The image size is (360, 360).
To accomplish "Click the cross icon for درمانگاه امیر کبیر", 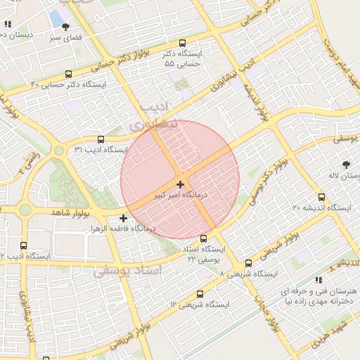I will tap(181, 184).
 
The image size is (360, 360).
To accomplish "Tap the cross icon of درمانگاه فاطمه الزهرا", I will tap(124, 218).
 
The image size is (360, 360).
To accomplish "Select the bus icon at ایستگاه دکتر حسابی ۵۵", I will tap(183, 43).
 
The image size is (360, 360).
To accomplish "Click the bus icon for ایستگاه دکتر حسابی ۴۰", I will tap(68, 74).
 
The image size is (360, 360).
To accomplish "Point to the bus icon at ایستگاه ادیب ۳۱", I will tap(100, 139).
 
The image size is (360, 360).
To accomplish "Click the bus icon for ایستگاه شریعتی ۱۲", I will tap(200, 294).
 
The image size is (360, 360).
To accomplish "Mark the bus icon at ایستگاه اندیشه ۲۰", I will tap(321, 197).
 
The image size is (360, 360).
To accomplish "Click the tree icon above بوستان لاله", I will tap(346, 165).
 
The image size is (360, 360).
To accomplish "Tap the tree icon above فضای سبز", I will tap(66, 26).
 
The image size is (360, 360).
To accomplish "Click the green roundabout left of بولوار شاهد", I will tap(25, 209).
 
